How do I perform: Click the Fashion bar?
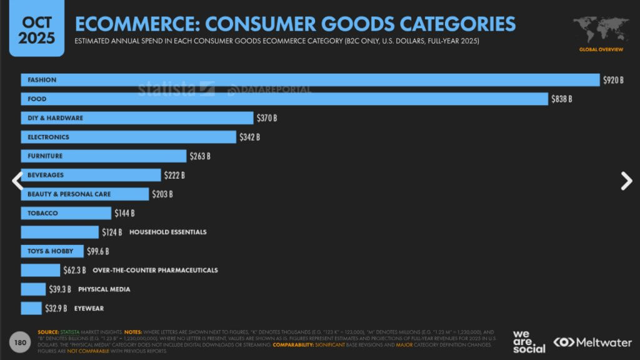[x=310, y=80]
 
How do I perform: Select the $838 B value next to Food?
[x=561, y=99]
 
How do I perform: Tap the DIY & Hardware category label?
[x=55, y=118]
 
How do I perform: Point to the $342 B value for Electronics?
[x=249, y=137]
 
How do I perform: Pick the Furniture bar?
[x=104, y=156]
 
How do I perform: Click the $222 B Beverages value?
[x=174, y=175]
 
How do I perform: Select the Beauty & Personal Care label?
[x=69, y=194]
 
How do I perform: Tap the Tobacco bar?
[x=66, y=213]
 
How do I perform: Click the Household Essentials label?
[x=167, y=232]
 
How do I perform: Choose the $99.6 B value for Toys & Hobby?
[x=97, y=251]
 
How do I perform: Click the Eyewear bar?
[x=31, y=308]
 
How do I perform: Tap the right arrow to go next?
[x=626, y=181]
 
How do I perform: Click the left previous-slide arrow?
[x=17, y=181]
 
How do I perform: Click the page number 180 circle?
[x=20, y=342]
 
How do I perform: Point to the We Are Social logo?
[x=529, y=341]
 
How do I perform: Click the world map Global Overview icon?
[x=601, y=31]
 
